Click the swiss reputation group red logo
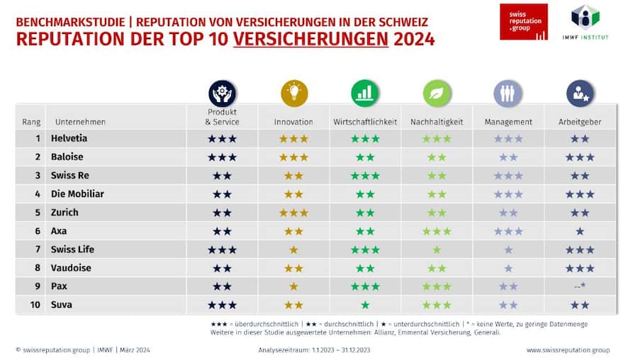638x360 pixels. [x=523, y=22]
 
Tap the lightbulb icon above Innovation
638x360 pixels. [x=293, y=93]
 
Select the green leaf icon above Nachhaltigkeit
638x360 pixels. [x=437, y=93]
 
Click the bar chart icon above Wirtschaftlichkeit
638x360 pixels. [x=365, y=93]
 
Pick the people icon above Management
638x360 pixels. [x=508, y=93]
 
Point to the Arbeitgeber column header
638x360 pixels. [x=580, y=122]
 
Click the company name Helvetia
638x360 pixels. [x=69, y=138]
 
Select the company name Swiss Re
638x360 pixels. [x=69, y=175]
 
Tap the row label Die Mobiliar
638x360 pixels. [x=77, y=193]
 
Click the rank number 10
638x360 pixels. [x=36, y=305]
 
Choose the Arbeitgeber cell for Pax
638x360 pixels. [x=580, y=286]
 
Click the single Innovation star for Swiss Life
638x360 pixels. [x=293, y=249]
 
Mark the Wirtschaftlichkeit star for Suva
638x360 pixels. [x=365, y=305]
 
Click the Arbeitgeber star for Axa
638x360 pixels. [x=580, y=231]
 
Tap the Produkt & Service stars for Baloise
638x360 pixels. [x=222, y=157]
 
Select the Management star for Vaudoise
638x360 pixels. [x=508, y=268]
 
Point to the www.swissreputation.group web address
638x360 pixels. [x=568, y=349]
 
